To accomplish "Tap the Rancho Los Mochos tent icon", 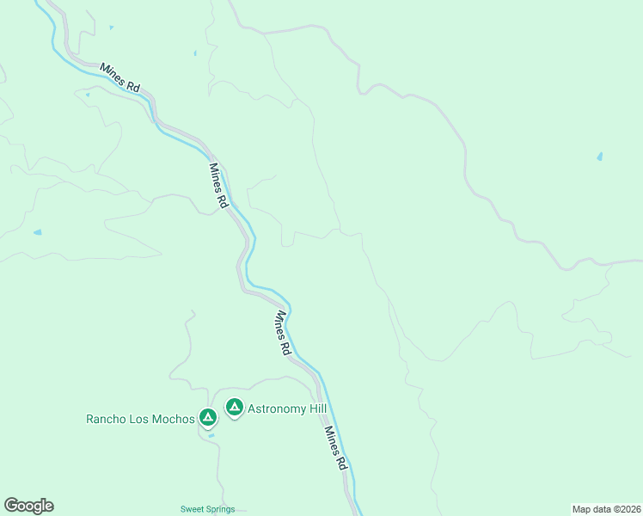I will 207,418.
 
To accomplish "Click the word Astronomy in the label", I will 276,409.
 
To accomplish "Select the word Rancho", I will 107,420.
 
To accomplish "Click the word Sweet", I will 192,509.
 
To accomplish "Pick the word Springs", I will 220,509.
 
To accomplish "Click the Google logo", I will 28,506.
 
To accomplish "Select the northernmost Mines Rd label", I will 119,77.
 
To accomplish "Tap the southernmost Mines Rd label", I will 335,448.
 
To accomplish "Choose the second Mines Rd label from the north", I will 217,186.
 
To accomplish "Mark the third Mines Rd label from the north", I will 280,334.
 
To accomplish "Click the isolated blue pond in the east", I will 599,157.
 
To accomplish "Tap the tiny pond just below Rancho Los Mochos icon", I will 211,434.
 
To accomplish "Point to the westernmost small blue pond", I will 37,232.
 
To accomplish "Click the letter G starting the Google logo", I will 11,505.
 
